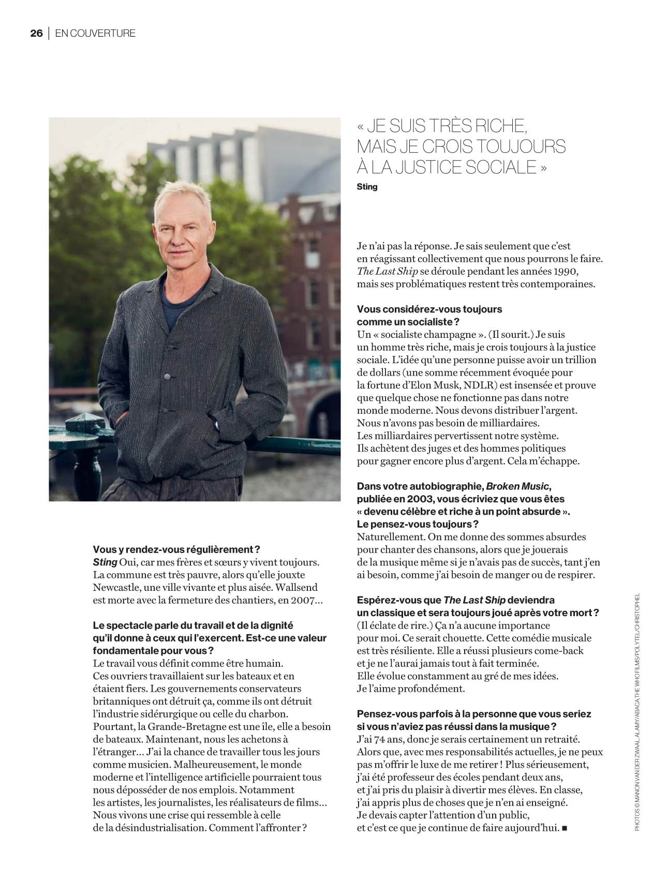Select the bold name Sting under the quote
click(367, 187)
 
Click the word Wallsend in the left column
click(295, 587)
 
